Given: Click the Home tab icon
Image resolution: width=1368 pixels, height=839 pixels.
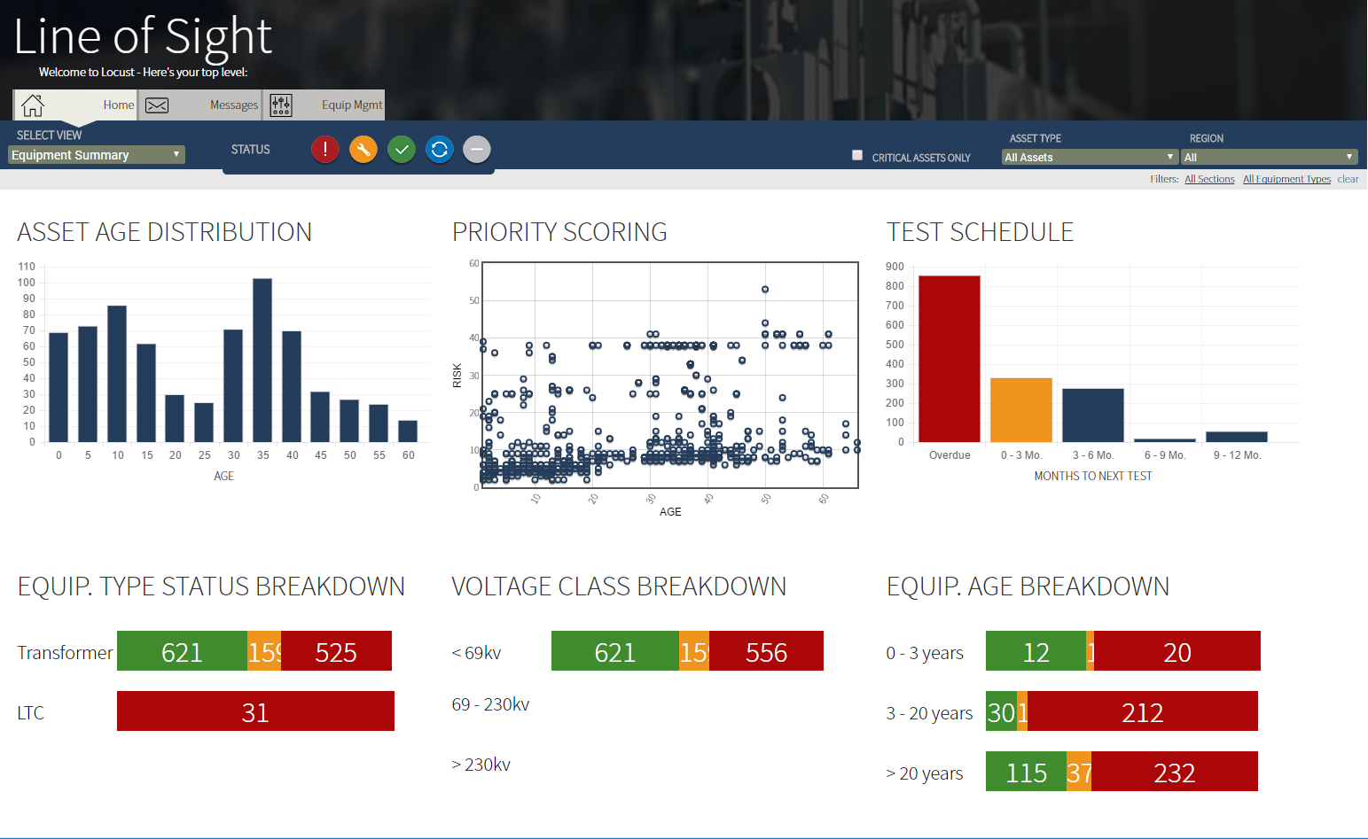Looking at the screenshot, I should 33,105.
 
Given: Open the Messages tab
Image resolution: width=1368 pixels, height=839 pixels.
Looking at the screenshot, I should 200,105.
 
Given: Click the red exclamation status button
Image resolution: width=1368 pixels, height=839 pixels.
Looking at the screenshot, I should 325,150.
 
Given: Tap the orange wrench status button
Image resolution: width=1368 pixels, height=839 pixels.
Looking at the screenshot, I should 363,150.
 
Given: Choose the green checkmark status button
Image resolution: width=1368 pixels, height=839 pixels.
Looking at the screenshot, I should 402,150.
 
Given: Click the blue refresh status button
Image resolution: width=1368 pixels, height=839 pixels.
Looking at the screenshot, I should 440,150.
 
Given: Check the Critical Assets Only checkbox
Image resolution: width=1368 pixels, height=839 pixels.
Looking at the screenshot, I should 857,155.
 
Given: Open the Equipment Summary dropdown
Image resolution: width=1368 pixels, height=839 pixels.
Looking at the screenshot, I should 97,155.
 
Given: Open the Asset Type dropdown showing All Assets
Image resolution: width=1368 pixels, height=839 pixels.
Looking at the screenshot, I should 1090,157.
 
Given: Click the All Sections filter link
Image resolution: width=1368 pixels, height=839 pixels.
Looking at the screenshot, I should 1209,179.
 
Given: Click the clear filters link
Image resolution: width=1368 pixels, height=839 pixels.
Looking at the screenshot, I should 1348,179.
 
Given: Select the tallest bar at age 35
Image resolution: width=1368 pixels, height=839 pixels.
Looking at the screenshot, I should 262,360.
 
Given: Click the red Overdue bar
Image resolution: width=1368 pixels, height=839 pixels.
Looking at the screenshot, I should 950,359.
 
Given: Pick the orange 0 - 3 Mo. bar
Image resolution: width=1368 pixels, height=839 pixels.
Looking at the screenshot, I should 1021,409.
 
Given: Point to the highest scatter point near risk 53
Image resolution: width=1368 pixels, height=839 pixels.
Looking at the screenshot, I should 765,290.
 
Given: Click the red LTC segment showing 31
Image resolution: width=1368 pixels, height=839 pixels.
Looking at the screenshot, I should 255,711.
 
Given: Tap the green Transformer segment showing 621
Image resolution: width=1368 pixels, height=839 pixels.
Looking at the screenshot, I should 182,651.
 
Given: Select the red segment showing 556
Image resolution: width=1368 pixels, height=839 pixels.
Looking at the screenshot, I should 766,651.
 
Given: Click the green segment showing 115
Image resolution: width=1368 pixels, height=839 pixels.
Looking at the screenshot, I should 1026,772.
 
